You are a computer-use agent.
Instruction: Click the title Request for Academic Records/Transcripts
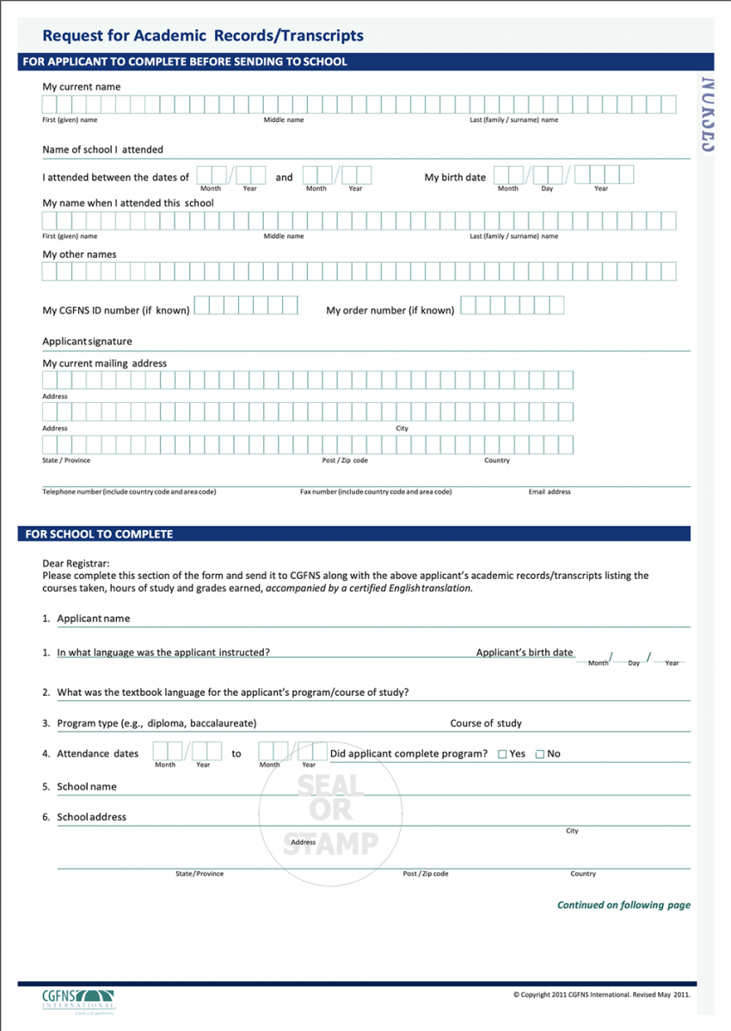click(x=203, y=36)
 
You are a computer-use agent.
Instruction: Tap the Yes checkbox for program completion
click(x=502, y=754)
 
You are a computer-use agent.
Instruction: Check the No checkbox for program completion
click(x=540, y=754)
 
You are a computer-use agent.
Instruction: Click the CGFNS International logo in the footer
click(x=78, y=1000)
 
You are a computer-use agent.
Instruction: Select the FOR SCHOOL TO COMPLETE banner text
click(x=99, y=534)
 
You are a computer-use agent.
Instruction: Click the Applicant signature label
click(x=87, y=341)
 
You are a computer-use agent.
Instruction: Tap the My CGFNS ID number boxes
click(x=246, y=305)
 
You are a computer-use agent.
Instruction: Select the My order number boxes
click(x=513, y=305)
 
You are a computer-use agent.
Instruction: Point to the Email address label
click(x=550, y=492)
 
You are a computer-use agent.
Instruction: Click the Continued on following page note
click(x=623, y=905)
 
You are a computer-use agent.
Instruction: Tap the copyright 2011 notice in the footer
click(x=601, y=995)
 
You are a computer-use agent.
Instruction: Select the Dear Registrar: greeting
click(x=76, y=564)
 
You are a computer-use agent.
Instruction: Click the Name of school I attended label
click(x=102, y=149)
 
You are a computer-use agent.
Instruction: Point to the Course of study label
click(x=486, y=723)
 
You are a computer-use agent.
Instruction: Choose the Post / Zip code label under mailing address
click(x=345, y=461)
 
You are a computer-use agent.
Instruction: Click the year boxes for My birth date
click(x=604, y=175)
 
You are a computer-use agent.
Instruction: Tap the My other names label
click(x=79, y=254)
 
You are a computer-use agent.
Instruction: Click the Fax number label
click(x=375, y=492)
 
